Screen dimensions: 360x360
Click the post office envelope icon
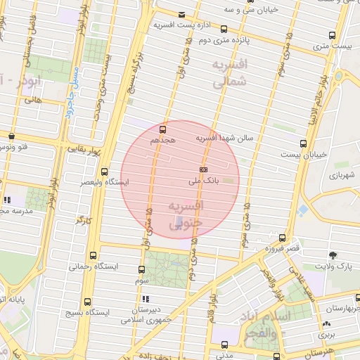[182, 15]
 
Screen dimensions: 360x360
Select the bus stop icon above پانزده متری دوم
[224, 30]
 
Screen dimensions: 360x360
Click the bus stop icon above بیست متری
[332, 34]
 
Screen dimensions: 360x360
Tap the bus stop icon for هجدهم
[163, 129]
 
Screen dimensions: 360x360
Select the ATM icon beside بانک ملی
[203, 169]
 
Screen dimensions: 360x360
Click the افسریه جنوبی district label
[186, 213]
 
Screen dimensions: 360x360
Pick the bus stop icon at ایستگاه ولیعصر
[105, 172]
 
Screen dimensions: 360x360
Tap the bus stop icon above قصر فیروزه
[282, 238]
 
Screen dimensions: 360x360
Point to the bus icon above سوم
[142, 269]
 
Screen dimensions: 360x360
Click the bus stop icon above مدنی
[224, 345]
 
